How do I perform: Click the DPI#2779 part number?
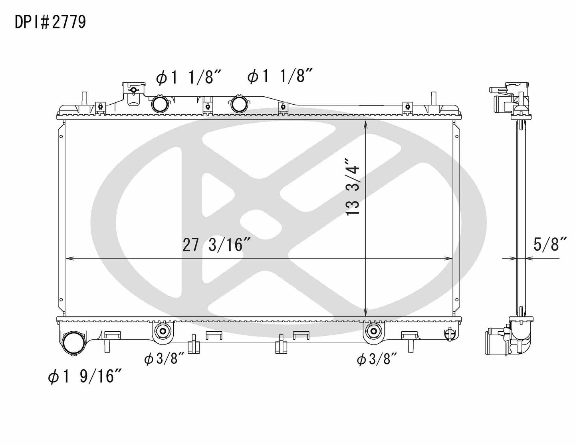pos(50,22)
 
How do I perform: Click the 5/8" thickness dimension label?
pos(551,244)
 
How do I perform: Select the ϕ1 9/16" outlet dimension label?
pos(85,376)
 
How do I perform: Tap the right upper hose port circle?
pos(239,104)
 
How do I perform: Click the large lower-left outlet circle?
pos(74,343)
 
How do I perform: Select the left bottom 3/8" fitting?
pos(162,331)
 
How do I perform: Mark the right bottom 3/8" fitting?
pos(373,331)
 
